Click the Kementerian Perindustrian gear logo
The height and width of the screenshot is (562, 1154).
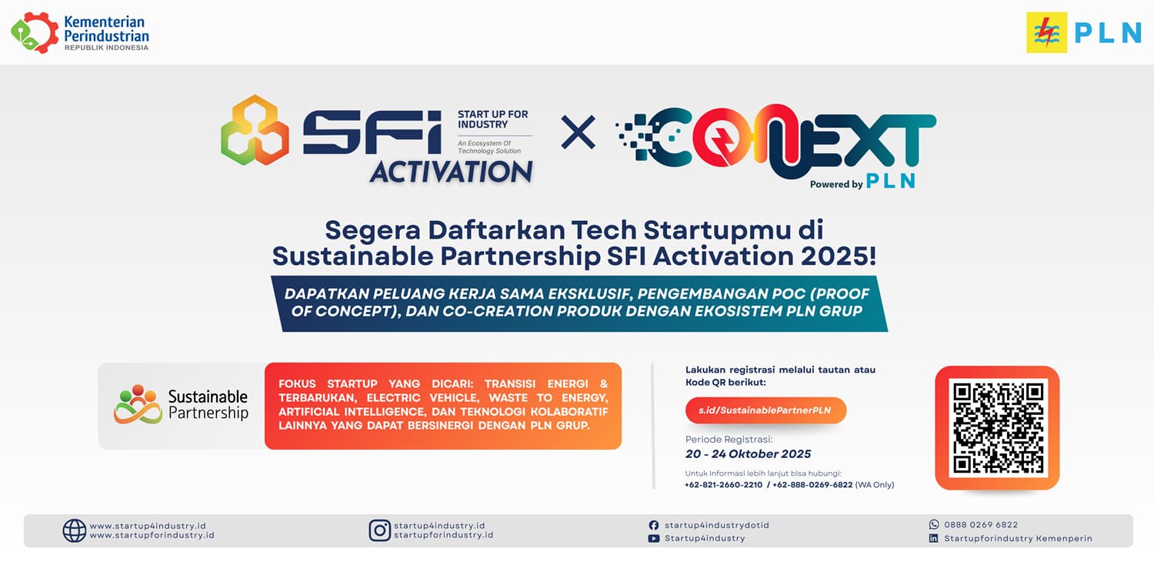click(35, 33)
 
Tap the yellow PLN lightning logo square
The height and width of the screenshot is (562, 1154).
click(1046, 32)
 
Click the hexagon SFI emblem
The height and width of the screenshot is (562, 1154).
click(255, 130)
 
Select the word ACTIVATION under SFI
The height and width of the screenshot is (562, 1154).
click(452, 172)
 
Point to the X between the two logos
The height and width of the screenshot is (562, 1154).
click(578, 132)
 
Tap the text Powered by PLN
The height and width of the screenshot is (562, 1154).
click(862, 182)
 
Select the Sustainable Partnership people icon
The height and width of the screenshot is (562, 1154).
click(138, 404)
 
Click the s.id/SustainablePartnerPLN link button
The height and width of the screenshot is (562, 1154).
click(765, 410)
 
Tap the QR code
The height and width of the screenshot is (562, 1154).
click(997, 427)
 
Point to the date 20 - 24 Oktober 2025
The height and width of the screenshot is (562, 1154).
click(748, 454)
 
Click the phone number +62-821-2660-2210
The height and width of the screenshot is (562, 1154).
click(723, 485)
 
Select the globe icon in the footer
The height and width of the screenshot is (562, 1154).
click(74, 530)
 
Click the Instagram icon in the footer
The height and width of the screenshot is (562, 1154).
click(380, 530)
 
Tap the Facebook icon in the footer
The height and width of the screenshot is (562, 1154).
click(654, 525)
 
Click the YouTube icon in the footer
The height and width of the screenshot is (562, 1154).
click(654, 538)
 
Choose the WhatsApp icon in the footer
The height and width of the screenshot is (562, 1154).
click(933, 524)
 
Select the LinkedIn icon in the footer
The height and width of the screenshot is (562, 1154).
click(933, 538)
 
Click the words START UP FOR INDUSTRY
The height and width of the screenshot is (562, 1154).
click(493, 119)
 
